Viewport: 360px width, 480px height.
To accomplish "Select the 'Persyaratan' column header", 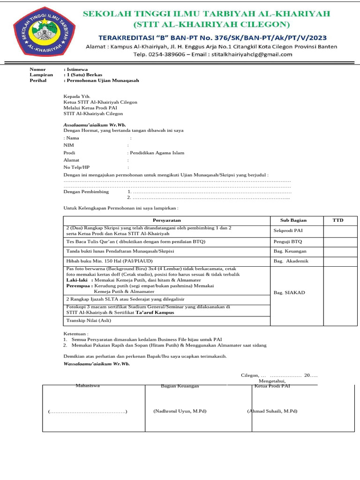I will click(167, 220).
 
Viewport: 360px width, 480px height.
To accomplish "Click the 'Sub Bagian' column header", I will click(293, 220).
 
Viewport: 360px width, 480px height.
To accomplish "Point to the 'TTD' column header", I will click(337, 220).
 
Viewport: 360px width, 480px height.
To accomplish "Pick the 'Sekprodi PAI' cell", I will click(288, 231).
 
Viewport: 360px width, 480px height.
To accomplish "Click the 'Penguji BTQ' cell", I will click(288, 241).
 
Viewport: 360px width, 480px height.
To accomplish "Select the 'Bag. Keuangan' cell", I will click(290, 251).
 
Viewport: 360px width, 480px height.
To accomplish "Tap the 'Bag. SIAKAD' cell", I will click(289, 292).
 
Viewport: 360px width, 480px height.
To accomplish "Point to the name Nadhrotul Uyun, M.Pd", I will click(180, 411).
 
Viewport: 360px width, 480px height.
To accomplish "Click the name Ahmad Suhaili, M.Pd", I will click(272, 411).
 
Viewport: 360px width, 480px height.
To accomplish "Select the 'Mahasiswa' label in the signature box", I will click(88, 385).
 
